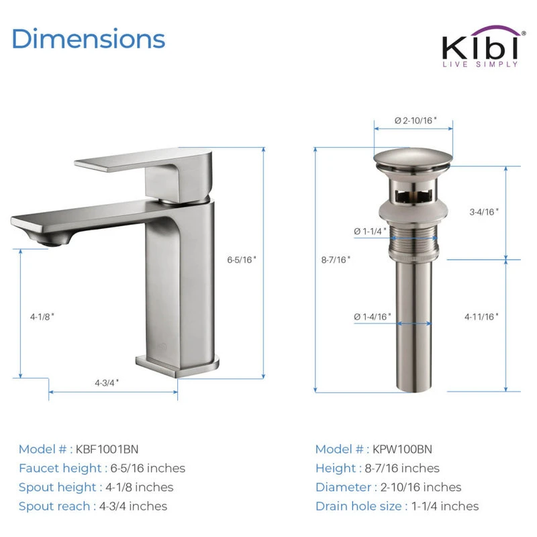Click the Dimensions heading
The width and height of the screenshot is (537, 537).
(89, 39)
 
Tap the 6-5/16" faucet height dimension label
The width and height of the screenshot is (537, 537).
(242, 260)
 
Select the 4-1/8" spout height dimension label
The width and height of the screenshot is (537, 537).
(42, 317)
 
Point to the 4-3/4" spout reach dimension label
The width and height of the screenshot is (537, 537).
(107, 383)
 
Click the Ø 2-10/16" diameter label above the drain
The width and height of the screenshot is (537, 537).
(416, 121)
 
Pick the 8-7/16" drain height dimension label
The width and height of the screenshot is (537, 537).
(336, 260)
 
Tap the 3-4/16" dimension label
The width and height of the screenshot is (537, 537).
(484, 212)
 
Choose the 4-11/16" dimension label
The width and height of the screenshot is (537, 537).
(481, 317)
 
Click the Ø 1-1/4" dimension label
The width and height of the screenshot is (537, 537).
(371, 232)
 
